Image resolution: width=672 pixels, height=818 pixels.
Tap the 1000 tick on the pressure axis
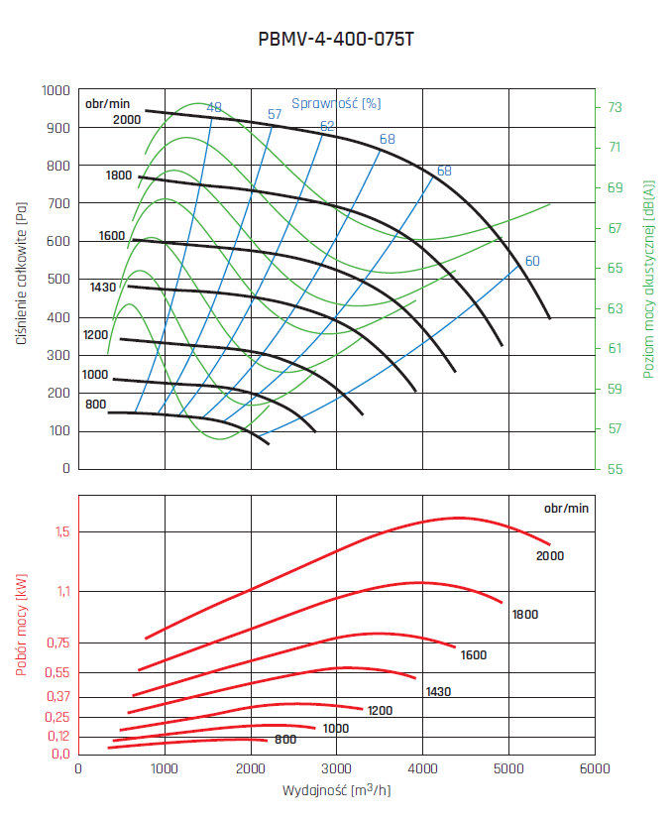[x=56, y=90]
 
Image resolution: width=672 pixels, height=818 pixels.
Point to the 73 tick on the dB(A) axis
[x=615, y=107]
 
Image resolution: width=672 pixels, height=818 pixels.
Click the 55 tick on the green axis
[x=615, y=468]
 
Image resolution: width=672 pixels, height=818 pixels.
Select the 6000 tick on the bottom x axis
[x=594, y=768]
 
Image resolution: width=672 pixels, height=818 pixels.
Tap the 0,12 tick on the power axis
[x=58, y=736]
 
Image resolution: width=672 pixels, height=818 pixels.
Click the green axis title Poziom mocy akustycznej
[x=649, y=279]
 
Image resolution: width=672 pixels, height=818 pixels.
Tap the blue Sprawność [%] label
[x=337, y=102]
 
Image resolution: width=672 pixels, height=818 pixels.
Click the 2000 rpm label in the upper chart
[x=127, y=120]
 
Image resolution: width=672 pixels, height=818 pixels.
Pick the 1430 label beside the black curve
[x=103, y=287]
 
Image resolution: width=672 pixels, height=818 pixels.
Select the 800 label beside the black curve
[x=95, y=404]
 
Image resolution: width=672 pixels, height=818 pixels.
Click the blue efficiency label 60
[x=532, y=261]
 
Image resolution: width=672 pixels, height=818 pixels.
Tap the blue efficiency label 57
[x=275, y=114]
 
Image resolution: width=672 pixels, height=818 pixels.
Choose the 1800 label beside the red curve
[x=525, y=615]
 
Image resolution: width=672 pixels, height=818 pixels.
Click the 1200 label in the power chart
[x=381, y=711]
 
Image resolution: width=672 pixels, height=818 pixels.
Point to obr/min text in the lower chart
[x=566, y=508]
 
